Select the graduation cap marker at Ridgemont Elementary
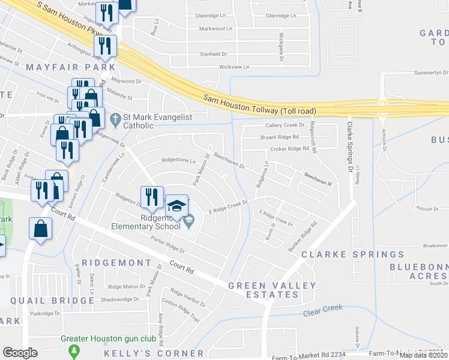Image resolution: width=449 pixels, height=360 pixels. click(x=176, y=206)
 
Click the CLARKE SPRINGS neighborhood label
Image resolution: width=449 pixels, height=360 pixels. click(x=352, y=254)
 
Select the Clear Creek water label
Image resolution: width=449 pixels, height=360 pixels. click(x=323, y=308)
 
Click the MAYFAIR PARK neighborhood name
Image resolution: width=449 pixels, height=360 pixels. click(x=70, y=67)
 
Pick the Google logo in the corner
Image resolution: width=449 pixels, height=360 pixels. click(x=20, y=352)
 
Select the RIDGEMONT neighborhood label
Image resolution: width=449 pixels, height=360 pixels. click(x=116, y=263)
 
